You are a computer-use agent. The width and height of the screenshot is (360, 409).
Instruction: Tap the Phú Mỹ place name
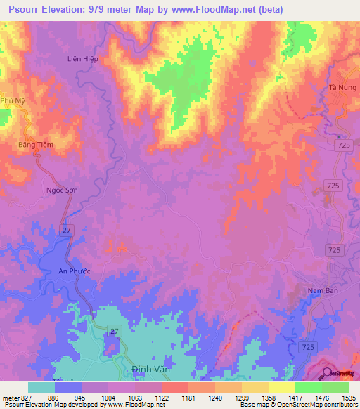pyautogui.click(x=12, y=100)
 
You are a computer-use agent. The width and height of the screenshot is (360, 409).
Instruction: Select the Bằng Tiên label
pyautogui.click(x=35, y=145)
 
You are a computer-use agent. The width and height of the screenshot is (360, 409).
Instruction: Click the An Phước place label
pyautogui.click(x=74, y=271)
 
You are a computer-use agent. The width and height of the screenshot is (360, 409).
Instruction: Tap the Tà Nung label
pyautogui.click(x=342, y=87)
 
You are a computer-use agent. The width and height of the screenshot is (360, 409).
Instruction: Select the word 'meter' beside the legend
pyautogui.click(x=10, y=397)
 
